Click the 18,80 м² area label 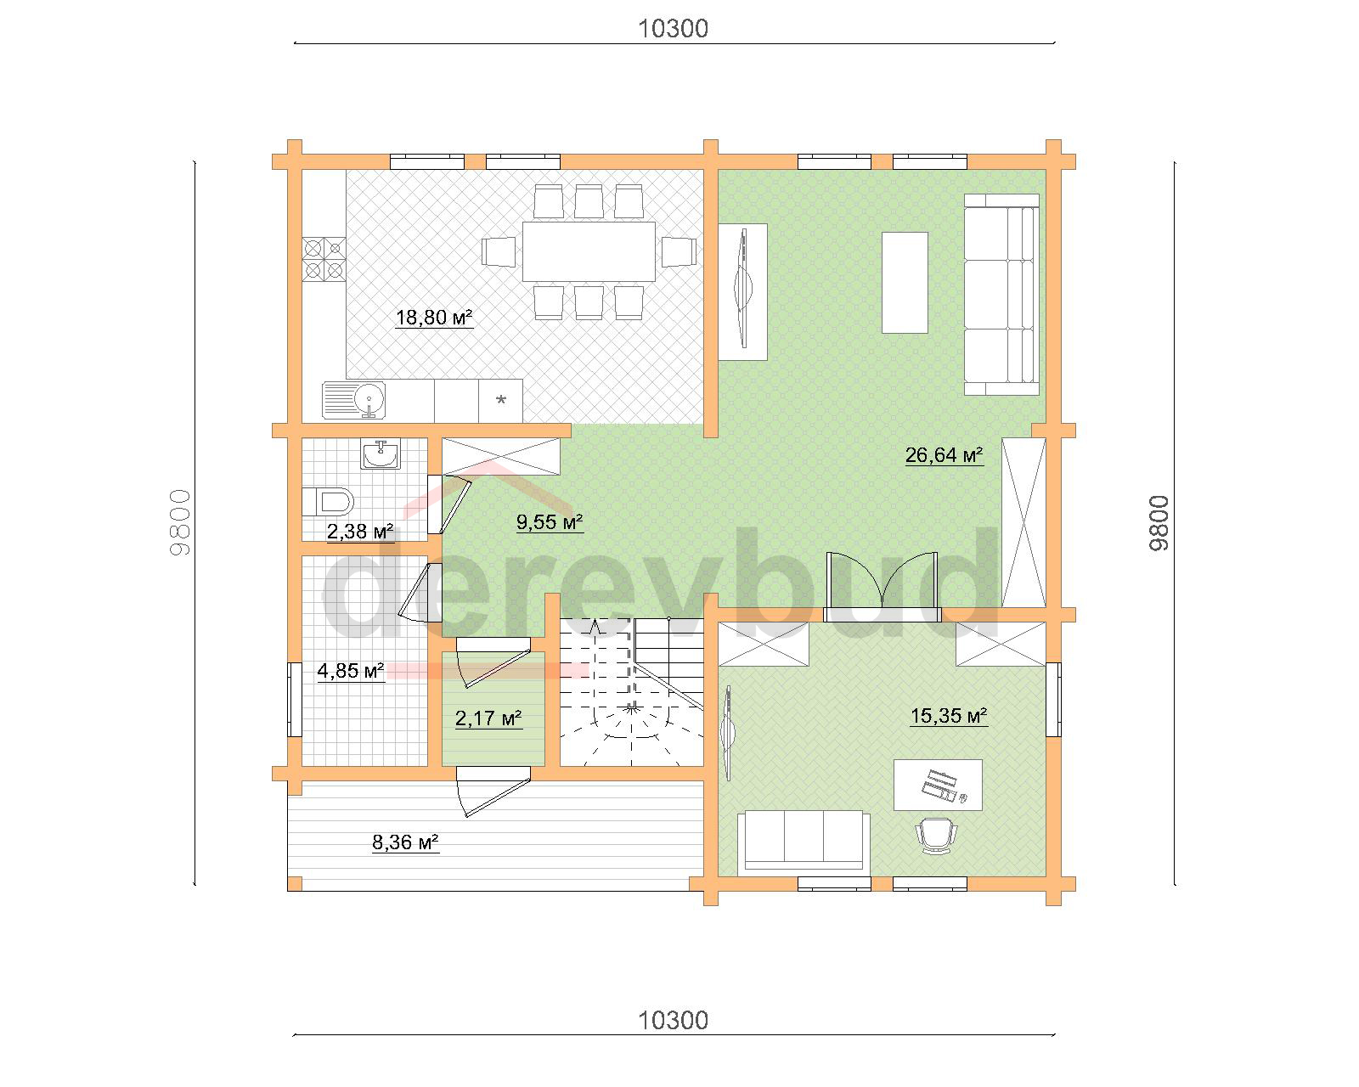(435, 317)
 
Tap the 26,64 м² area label (945, 455)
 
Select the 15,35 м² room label (949, 716)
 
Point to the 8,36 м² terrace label (405, 842)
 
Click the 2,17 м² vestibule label (488, 718)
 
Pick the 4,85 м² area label (351, 670)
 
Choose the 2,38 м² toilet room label (360, 531)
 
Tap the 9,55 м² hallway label (550, 521)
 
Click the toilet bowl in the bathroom (327, 503)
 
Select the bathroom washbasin (381, 454)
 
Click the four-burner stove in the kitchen (324, 259)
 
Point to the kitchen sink (353, 399)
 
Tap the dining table (589, 251)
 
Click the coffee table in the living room (905, 282)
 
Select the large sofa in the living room (1001, 295)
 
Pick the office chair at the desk (936, 835)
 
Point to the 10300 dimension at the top (674, 28)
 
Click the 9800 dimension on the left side (180, 522)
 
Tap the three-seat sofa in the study (804, 841)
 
